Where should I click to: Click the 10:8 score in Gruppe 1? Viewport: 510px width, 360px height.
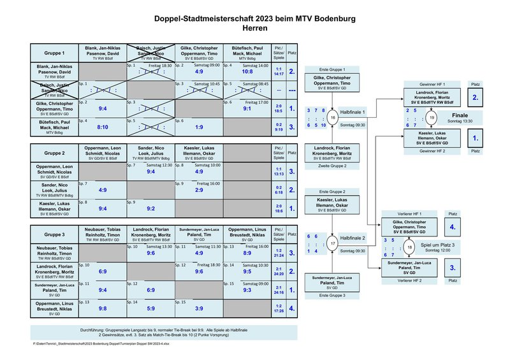click(247, 72)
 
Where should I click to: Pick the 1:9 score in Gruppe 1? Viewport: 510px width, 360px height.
click(199, 127)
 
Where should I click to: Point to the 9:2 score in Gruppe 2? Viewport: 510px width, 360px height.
click(150, 208)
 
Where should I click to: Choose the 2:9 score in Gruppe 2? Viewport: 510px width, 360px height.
click(199, 190)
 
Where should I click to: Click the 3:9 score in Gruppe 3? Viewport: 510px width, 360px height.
click(199, 309)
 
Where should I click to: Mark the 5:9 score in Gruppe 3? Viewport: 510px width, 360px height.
click(150, 309)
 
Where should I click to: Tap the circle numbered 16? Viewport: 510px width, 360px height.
click(333, 118)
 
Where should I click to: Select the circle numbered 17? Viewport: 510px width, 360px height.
click(333, 243)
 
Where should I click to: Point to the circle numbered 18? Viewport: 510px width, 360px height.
click(411, 247)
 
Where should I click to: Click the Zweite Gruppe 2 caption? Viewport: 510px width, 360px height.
click(332, 166)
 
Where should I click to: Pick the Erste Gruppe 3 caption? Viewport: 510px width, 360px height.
click(332, 296)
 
